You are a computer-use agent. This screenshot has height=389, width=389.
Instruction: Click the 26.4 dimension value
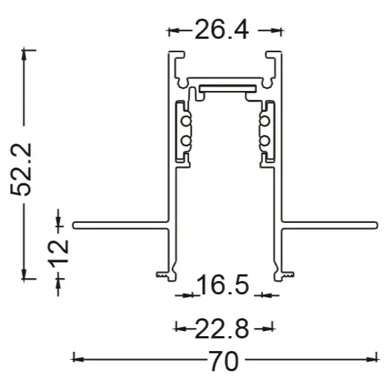222,29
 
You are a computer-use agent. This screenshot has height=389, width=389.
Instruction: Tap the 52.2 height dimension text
22,169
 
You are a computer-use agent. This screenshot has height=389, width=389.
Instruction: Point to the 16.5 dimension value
224,285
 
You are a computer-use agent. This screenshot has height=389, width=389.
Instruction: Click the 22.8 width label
222,329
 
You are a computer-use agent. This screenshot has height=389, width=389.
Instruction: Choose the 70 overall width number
224,361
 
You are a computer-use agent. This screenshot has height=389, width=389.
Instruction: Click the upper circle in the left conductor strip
186,121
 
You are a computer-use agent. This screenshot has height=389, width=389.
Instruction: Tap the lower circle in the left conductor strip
186,141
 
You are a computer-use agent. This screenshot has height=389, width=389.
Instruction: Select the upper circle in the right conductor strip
265,121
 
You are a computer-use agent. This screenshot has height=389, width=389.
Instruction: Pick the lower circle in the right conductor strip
265,141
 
